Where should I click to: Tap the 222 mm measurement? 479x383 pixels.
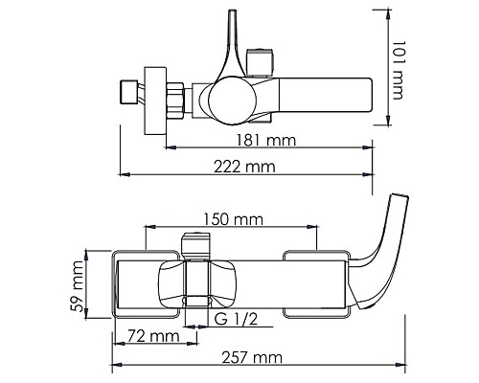[247, 167]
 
